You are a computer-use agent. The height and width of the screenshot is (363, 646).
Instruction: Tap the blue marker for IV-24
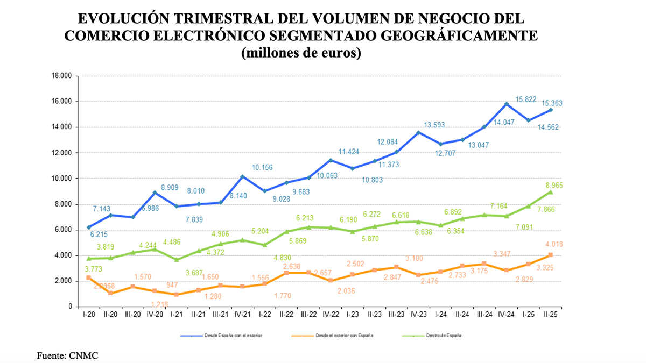click(507, 104)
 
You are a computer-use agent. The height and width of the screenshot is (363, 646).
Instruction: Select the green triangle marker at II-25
click(551, 192)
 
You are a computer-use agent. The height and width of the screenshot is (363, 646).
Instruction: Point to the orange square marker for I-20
click(88, 277)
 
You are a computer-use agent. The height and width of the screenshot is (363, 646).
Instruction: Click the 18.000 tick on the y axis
click(61, 76)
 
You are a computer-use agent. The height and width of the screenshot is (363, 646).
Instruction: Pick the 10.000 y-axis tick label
click(61, 179)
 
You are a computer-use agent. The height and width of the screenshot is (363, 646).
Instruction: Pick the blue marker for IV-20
click(155, 193)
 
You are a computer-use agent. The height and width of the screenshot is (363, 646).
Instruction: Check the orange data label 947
click(173, 285)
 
